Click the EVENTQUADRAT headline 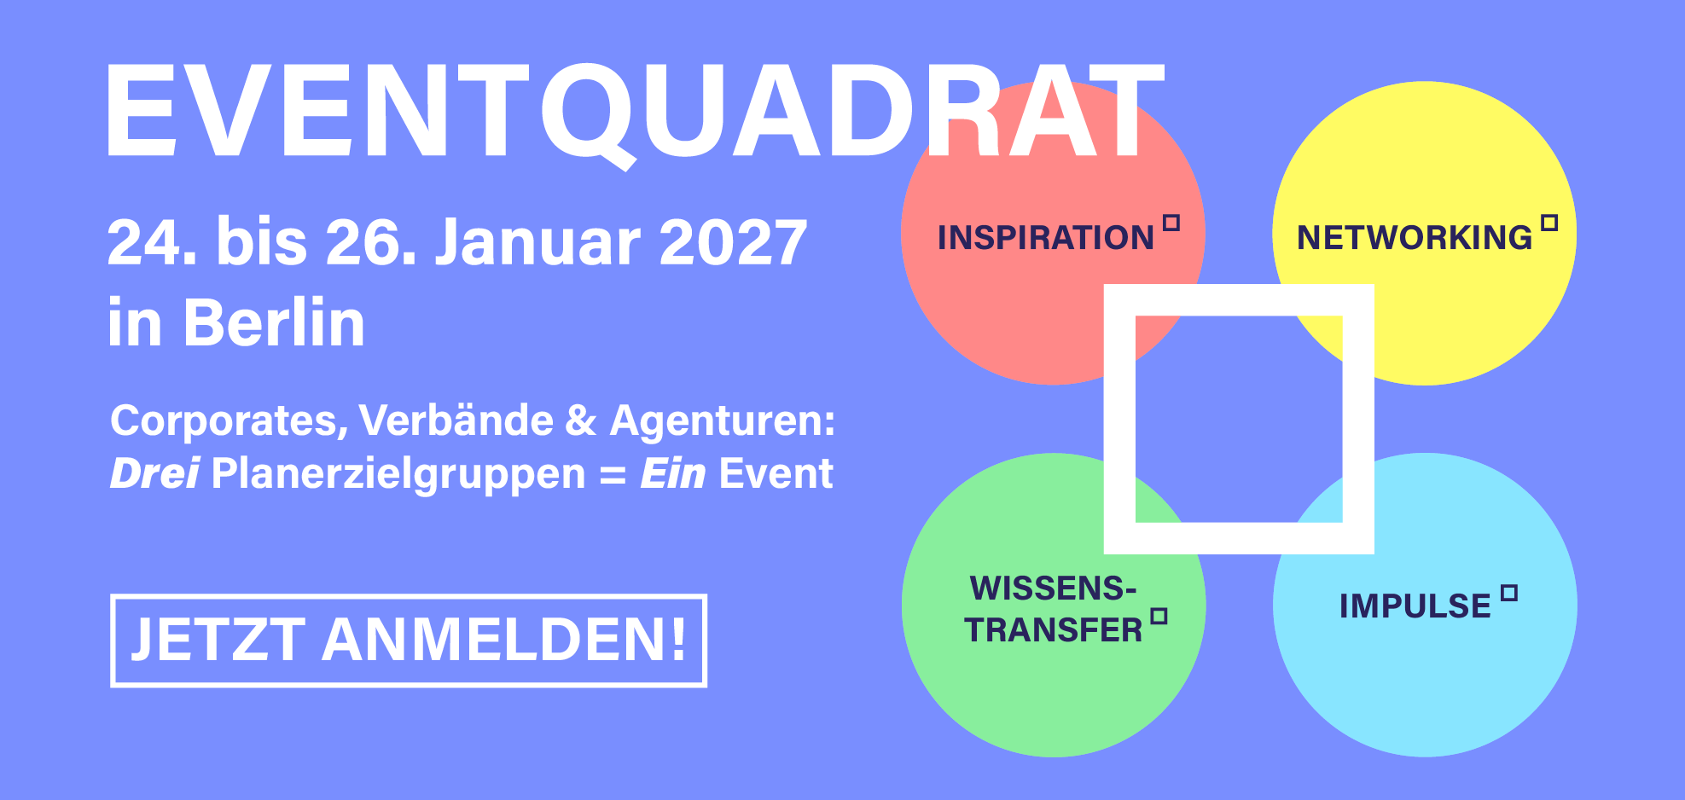point(635,111)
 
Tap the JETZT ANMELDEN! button point(409,641)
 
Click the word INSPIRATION point(1045,238)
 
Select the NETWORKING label point(1415,238)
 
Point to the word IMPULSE point(1415,606)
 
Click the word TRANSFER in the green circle point(1053,630)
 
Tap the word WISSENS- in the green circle point(1053,588)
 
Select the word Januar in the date point(537,243)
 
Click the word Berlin point(274,324)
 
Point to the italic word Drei point(154,473)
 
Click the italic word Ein point(673,473)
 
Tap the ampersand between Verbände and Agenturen point(581,421)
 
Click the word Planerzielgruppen point(398,475)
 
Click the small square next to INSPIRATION point(1171,223)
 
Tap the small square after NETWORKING point(1549,223)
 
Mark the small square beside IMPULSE point(1509,593)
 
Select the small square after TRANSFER point(1159,617)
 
